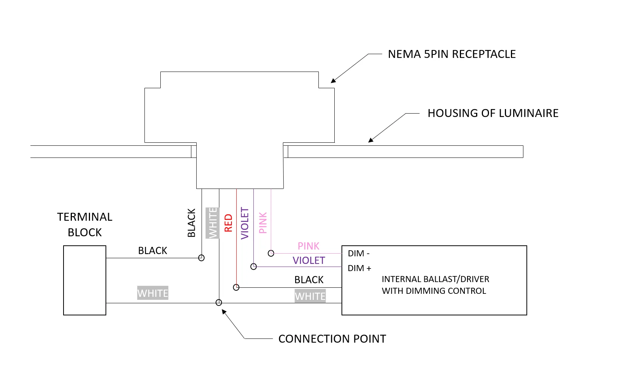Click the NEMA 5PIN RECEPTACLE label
452,54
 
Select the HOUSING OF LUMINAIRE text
493,113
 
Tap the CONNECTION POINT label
332,339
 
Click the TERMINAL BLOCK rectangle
85,280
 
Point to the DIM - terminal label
359,253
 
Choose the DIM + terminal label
359,268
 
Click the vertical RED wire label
228,223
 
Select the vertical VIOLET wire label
245,223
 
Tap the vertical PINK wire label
263,223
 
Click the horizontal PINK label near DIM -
309,246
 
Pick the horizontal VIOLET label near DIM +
309,260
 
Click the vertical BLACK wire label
191,223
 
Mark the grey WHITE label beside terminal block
153,293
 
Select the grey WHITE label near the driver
310,296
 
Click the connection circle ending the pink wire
271,253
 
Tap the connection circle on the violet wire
254,267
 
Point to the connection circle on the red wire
236,287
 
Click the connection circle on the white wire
219,303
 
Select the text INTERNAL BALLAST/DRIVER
435,279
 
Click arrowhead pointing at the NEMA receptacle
333,81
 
